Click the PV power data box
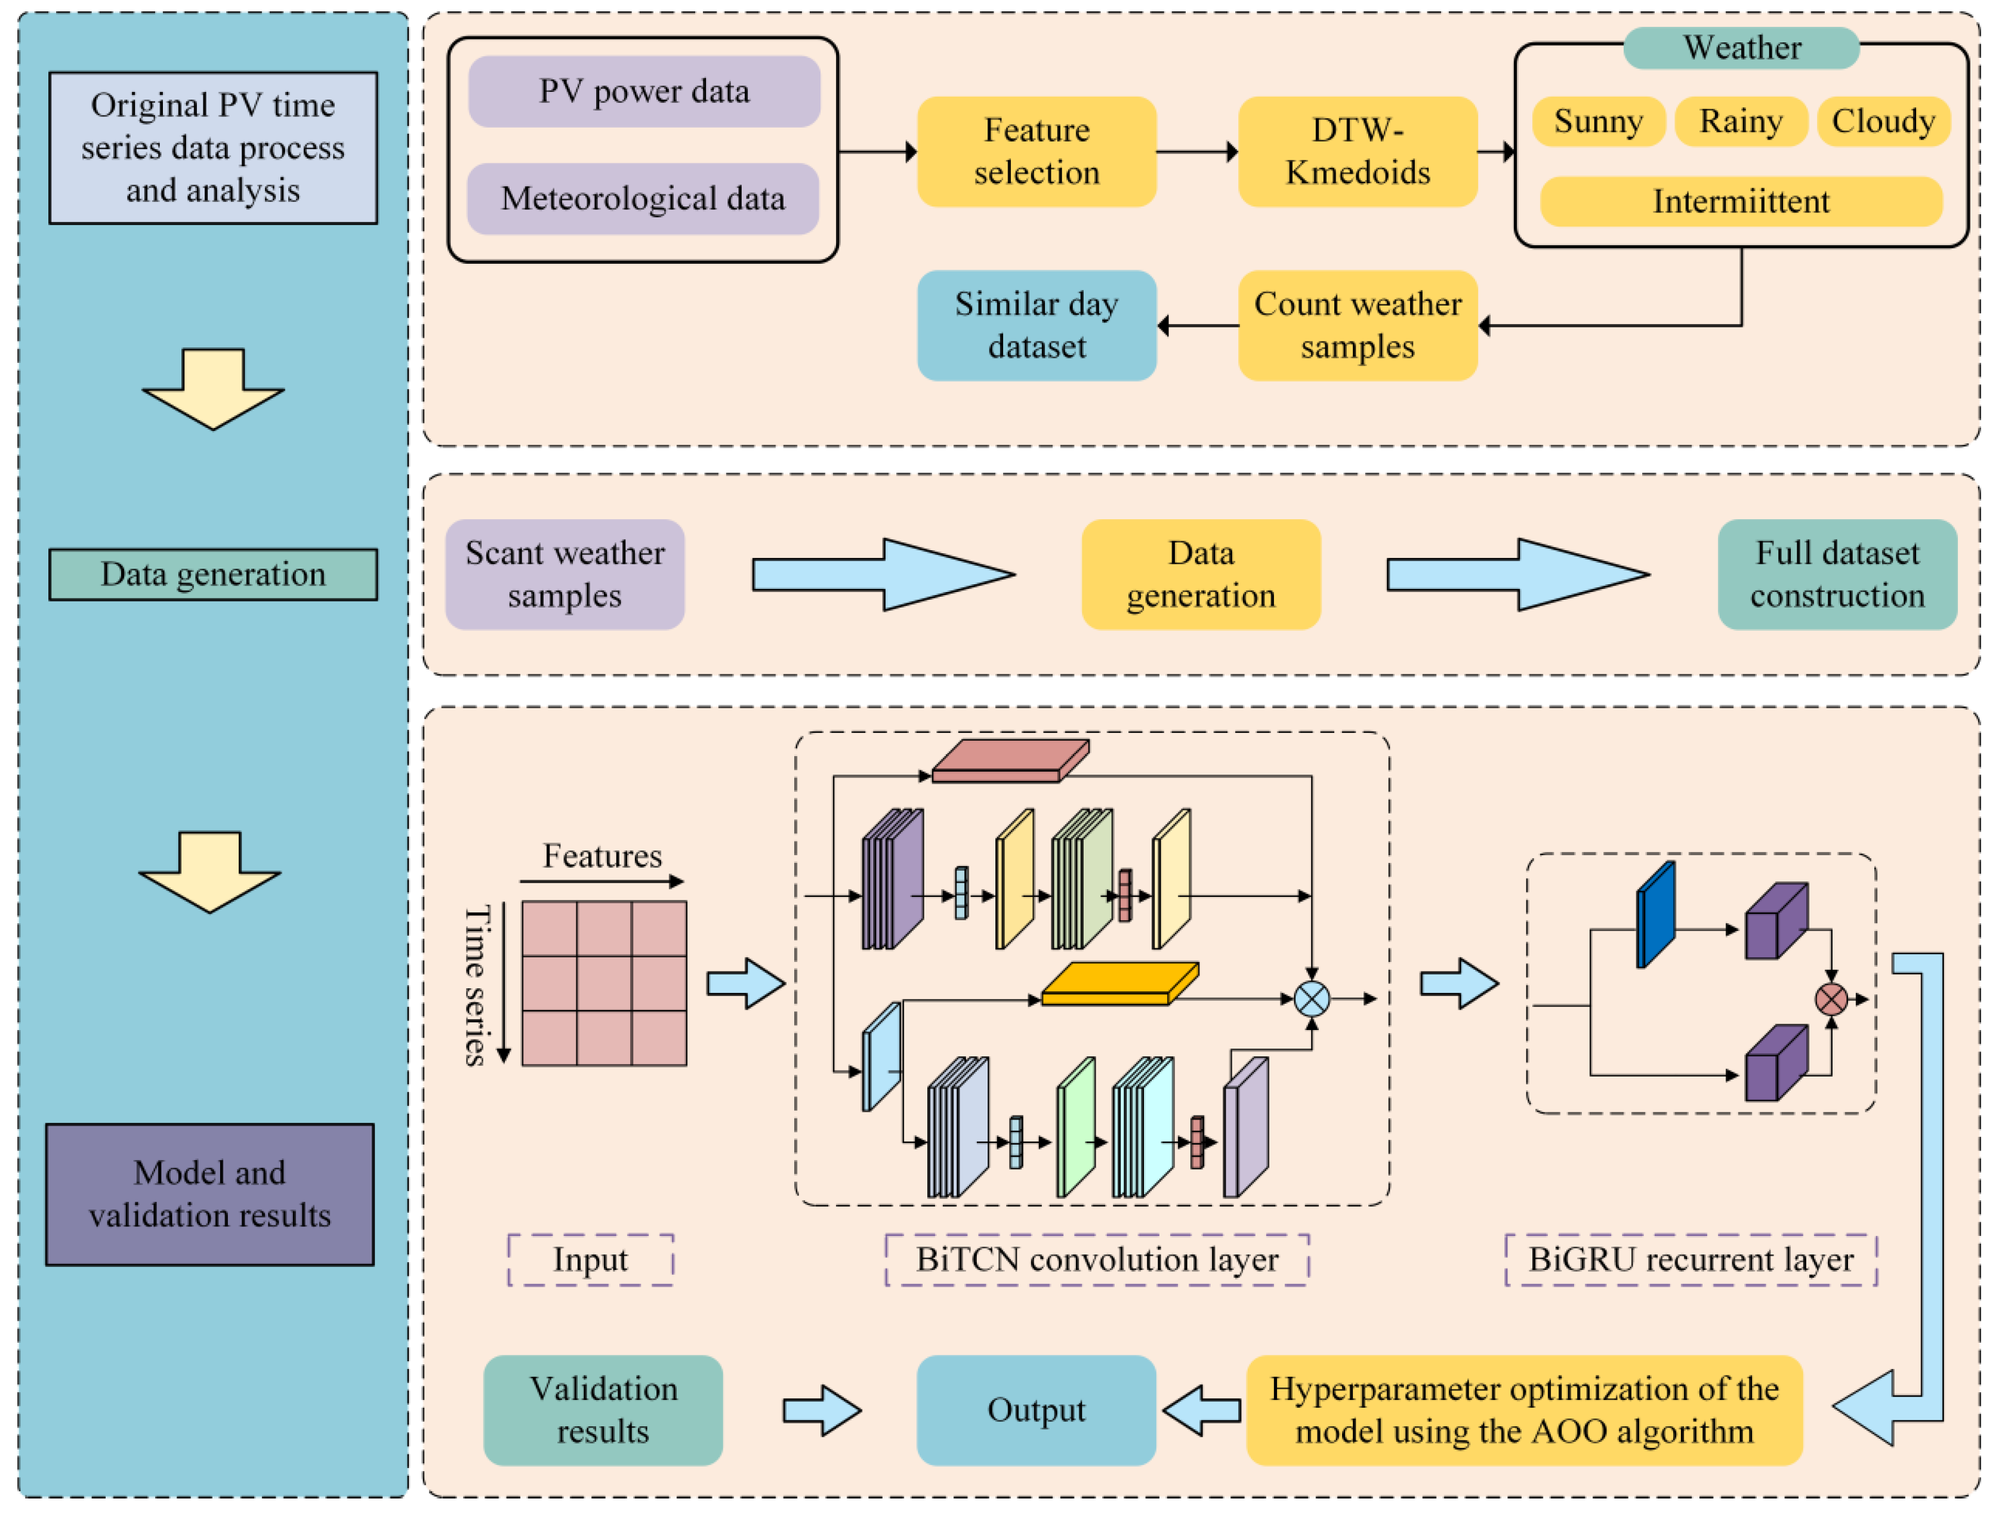643,91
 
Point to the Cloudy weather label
1883,121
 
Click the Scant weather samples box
564,575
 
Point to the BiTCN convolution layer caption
1097,1259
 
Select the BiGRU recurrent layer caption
1691,1259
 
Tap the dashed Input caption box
590,1259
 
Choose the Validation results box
603,1410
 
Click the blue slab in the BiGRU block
1655,915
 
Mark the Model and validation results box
210,1194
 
